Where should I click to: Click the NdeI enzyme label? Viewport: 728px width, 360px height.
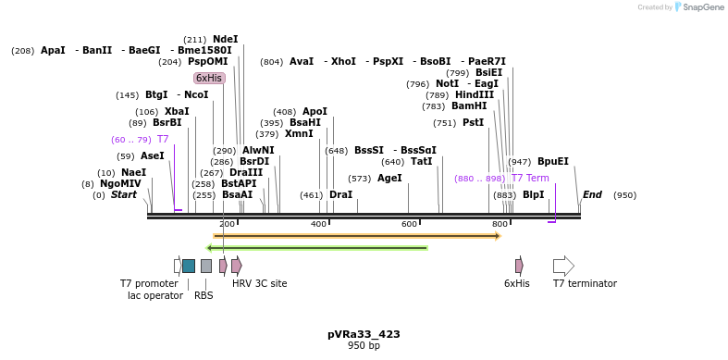tap(225, 39)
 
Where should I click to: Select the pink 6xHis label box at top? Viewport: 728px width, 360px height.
tap(209, 79)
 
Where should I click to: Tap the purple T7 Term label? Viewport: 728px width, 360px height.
tap(530, 178)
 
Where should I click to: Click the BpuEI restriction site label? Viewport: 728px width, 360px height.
tap(553, 161)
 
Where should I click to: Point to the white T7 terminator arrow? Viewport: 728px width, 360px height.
tap(563, 266)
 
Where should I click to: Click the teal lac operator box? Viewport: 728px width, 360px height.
tap(189, 266)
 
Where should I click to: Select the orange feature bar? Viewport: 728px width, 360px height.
tap(356, 236)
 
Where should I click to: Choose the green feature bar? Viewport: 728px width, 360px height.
tap(316, 248)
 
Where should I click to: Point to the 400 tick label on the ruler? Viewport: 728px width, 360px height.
tap(318, 225)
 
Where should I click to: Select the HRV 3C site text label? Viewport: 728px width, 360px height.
tap(259, 283)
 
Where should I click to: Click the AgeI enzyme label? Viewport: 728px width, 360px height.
tap(389, 178)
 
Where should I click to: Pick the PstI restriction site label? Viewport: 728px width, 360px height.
tap(473, 122)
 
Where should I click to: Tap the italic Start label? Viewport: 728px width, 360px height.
tap(124, 194)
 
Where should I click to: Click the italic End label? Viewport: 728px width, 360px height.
tap(592, 194)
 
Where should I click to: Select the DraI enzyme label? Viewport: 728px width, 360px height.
tap(340, 194)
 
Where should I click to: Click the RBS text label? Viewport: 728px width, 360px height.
tap(204, 296)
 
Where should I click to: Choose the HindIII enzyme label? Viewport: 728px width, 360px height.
tap(475, 94)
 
